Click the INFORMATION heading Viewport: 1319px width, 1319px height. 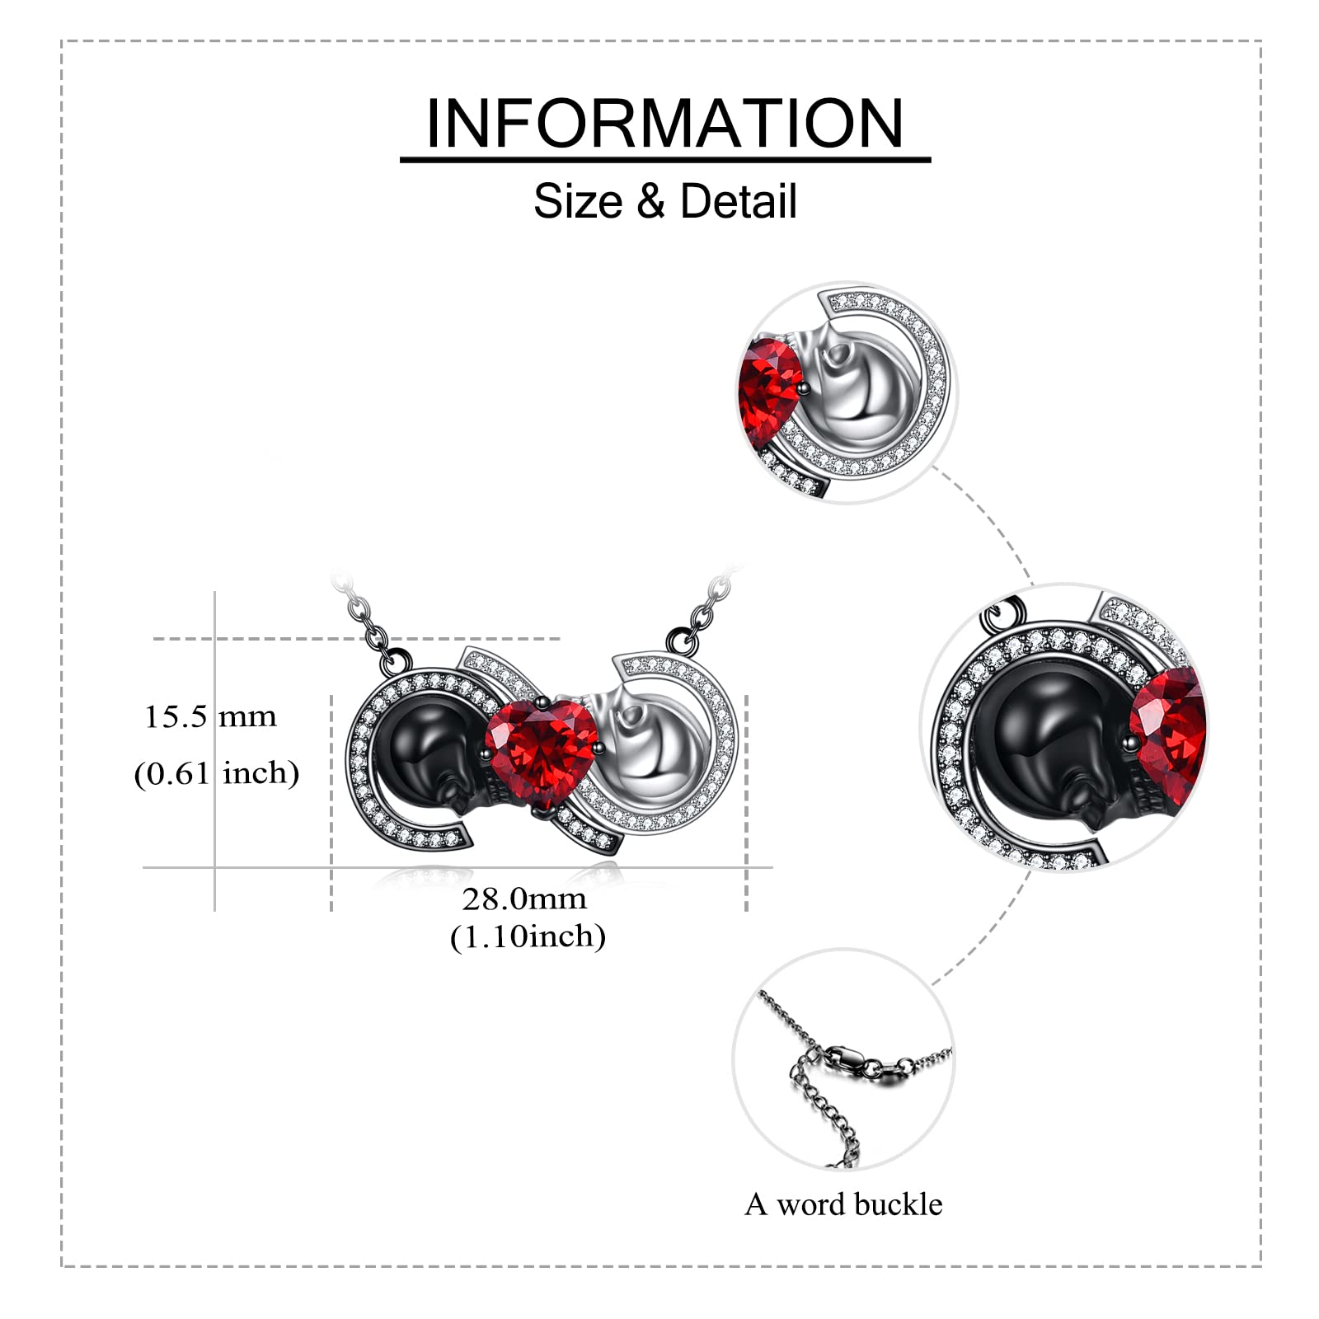664,124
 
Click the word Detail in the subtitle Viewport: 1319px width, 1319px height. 739,201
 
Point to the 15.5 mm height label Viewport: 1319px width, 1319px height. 211,717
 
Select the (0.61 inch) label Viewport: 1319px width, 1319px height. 216,773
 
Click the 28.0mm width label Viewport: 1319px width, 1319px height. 524,899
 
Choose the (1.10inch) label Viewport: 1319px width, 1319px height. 528,936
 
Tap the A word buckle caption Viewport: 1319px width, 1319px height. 843,1204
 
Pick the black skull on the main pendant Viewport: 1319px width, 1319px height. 425,754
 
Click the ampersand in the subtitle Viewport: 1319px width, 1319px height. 650,201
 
